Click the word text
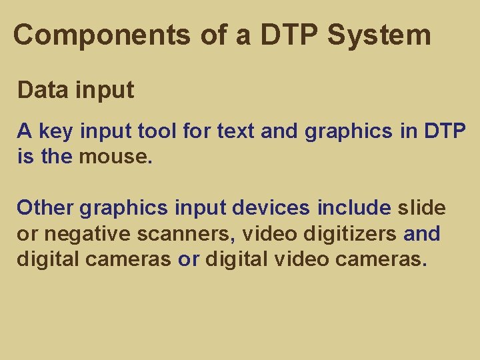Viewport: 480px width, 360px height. [235, 132]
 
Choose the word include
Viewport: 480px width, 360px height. [354, 208]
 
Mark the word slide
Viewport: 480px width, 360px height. [421, 208]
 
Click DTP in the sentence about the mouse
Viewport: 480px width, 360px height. [445, 132]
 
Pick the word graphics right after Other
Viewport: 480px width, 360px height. [124, 208]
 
